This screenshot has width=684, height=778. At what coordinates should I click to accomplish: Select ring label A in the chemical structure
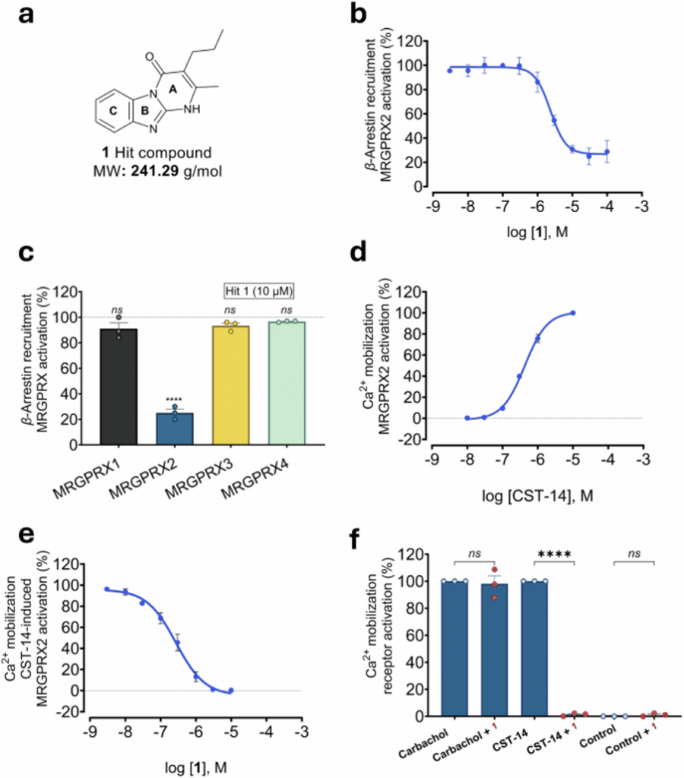[173, 90]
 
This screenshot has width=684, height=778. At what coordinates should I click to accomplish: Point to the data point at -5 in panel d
[572, 312]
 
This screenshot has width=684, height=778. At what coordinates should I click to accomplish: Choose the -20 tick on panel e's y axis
[73, 712]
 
